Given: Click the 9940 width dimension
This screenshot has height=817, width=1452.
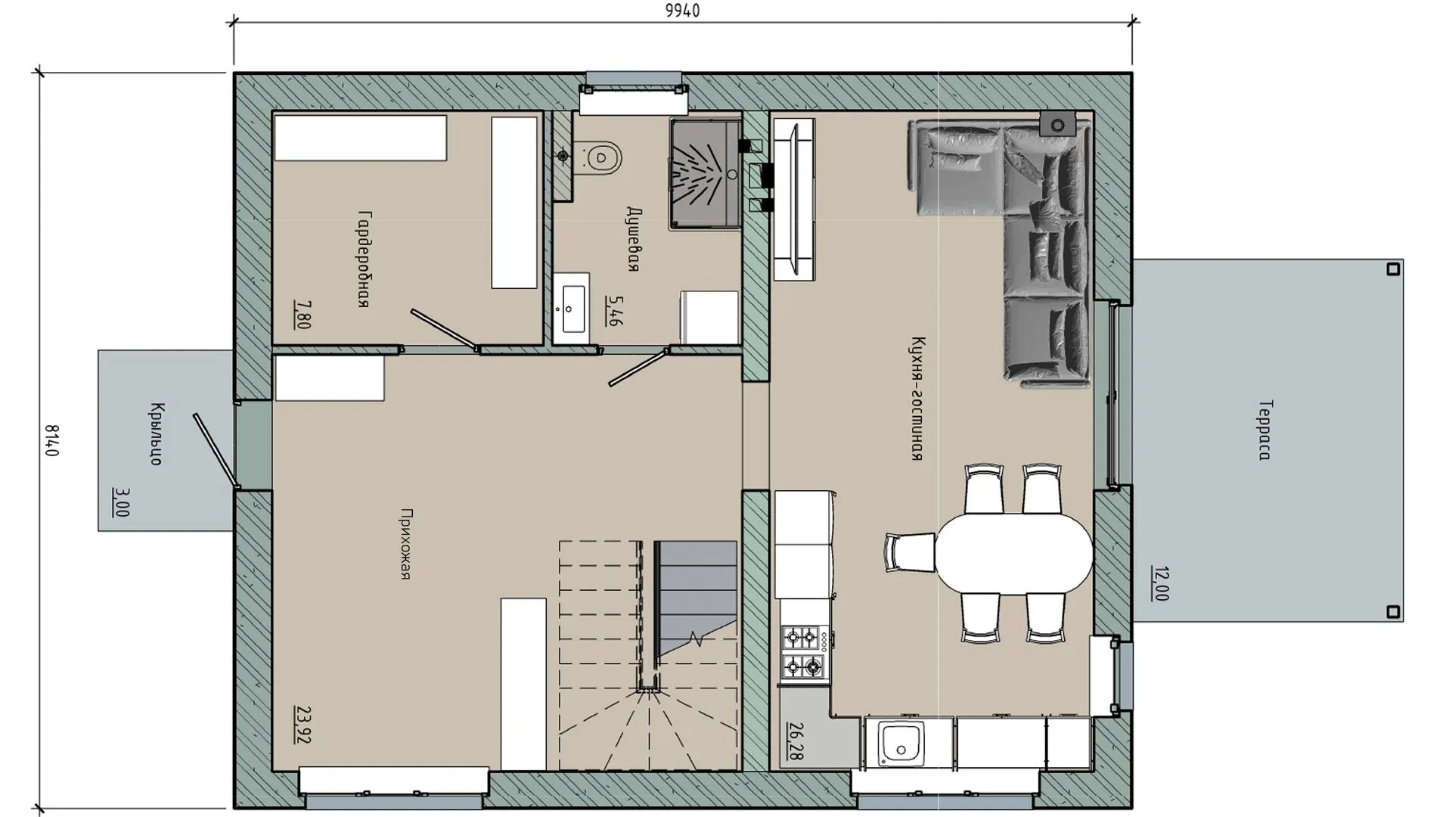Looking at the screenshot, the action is point(682,11).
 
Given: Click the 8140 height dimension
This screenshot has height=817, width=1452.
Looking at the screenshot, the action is point(52,440).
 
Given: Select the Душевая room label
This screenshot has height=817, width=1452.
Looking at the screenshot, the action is point(634,239).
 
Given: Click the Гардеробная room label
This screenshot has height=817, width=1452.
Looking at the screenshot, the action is point(363,259).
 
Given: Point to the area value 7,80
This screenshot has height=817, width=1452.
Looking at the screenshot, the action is point(302,314).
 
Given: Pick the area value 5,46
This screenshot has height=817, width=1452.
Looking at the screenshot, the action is point(614,311).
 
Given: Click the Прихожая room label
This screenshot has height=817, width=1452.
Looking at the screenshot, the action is point(406,544).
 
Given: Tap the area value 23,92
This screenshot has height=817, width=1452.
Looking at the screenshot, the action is point(302,725).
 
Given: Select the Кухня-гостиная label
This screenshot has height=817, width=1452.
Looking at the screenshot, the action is point(918,399).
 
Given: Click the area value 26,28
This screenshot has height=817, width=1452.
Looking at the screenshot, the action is point(796,741).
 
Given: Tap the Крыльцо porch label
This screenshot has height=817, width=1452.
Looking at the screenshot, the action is point(157,433).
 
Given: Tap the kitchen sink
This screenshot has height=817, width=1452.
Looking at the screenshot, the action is point(901,741).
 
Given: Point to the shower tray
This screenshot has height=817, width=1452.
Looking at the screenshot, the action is point(704,173).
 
